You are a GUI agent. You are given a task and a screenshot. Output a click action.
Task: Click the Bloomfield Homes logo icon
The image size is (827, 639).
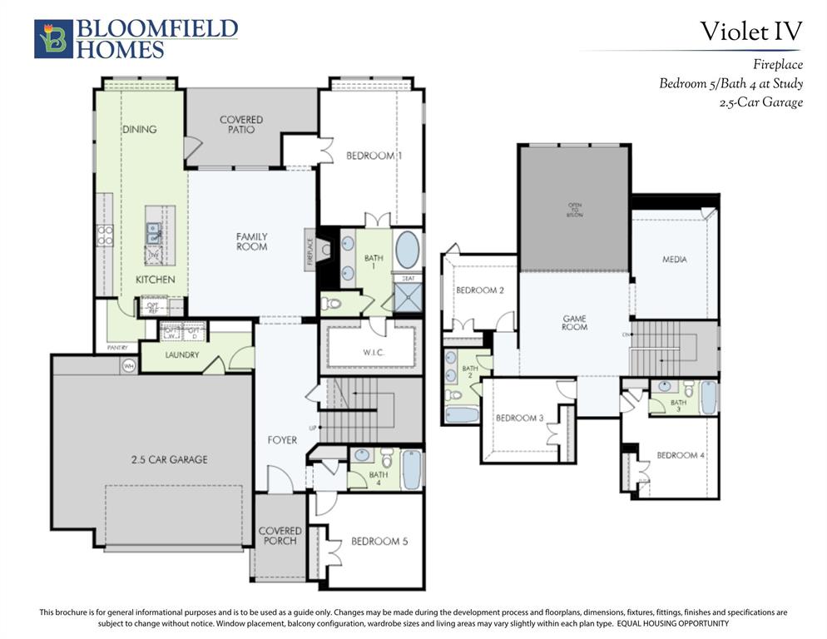click(53, 39)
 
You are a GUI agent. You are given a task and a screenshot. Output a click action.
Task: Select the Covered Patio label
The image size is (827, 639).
click(241, 125)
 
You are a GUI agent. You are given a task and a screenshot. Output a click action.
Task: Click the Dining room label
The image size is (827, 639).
click(139, 129)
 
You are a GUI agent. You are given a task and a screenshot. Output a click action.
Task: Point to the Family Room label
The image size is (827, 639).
click(252, 242)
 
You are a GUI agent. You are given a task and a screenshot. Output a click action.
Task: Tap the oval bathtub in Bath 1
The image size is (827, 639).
click(407, 250)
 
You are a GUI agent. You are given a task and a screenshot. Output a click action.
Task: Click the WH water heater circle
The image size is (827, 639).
click(129, 365)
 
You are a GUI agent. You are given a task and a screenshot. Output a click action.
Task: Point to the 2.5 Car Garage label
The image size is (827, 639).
click(169, 459)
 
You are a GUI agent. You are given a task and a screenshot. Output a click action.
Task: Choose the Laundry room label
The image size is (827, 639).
click(181, 355)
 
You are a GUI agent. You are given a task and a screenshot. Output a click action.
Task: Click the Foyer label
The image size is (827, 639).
click(282, 439)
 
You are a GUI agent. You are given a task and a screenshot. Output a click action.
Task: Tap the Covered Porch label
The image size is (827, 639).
click(280, 536)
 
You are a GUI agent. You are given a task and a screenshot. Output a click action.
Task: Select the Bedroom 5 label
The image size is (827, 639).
click(379, 541)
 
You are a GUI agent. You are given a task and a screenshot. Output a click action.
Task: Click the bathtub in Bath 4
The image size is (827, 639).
click(411, 470)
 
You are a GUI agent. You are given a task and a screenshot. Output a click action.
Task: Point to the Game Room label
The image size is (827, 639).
click(574, 322)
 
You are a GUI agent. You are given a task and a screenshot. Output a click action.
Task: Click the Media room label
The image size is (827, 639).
click(675, 260)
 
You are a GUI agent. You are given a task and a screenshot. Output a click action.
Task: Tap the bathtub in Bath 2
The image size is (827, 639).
click(460, 415)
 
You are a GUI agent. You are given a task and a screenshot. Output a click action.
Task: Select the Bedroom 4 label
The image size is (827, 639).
click(681, 455)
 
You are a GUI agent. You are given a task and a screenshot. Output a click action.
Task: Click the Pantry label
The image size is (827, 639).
click(117, 347)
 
